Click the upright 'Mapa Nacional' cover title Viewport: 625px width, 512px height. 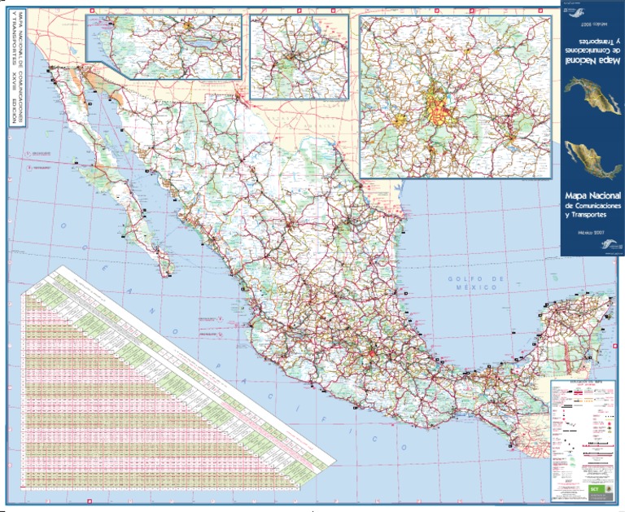pyautogui.click(x=592, y=197)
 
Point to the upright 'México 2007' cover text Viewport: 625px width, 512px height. pyautogui.click(x=592, y=232)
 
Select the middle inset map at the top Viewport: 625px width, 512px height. pyautogui.click(x=299, y=57)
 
